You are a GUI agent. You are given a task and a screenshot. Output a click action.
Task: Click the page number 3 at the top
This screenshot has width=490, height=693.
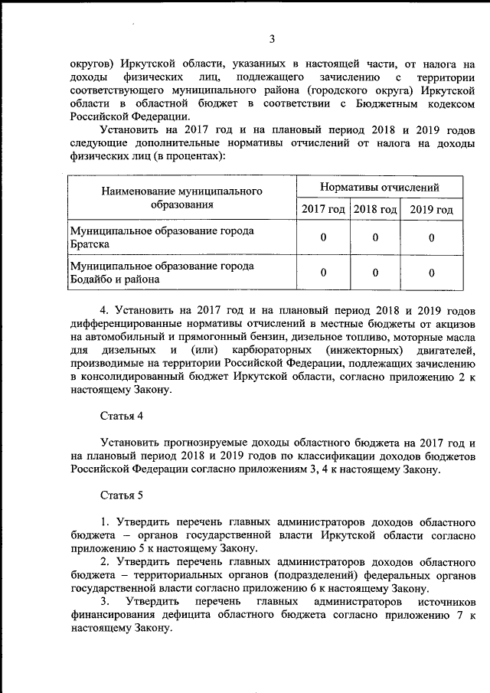(271, 40)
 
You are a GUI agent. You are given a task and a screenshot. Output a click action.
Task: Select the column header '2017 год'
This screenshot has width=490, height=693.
(322, 210)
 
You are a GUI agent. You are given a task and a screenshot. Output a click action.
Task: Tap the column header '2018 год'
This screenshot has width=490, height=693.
(375, 210)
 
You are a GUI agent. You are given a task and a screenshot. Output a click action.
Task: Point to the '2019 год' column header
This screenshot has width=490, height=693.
(431, 210)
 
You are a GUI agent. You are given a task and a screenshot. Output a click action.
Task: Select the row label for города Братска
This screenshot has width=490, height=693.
(162, 237)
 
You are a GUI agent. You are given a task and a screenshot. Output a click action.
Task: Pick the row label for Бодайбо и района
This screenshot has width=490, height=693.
(162, 272)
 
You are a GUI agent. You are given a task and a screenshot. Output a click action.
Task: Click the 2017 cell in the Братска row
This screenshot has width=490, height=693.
(323, 237)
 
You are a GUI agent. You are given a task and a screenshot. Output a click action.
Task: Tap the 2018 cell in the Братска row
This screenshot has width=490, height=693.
(375, 237)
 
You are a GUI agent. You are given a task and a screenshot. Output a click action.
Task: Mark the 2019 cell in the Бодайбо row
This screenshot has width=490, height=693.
(432, 273)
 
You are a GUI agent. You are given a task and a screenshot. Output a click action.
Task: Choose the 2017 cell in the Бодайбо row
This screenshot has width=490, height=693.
(323, 273)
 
